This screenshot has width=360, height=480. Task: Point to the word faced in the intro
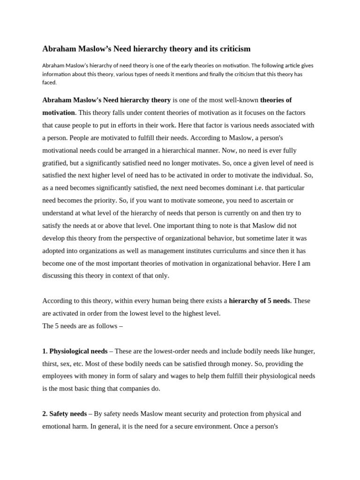click(49, 82)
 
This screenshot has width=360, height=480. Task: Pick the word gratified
click(55, 163)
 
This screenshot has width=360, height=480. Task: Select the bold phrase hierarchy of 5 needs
click(259, 301)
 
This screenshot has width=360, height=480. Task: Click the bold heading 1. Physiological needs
click(75, 351)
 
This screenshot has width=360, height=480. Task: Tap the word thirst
click(50, 364)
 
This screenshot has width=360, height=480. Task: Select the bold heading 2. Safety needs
click(65, 414)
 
